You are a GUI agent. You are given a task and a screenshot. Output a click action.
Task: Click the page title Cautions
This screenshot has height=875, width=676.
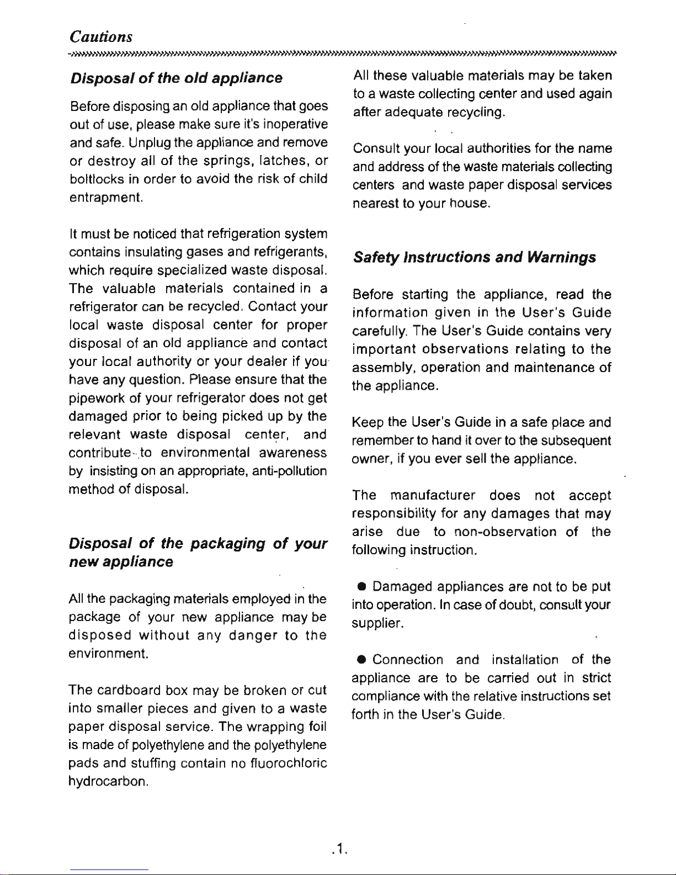point(101,36)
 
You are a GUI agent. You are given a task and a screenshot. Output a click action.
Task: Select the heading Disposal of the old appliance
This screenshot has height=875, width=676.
point(177,78)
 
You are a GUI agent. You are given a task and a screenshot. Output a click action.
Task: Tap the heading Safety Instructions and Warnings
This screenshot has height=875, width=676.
point(475,257)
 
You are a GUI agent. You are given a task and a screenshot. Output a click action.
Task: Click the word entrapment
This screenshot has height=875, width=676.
point(107,197)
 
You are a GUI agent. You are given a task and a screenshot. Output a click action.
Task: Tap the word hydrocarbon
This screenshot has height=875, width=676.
point(108,782)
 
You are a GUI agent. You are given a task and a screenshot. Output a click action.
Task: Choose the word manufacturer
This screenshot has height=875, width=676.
point(432,495)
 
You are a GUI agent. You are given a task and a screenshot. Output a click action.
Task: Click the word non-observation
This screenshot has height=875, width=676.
point(505,532)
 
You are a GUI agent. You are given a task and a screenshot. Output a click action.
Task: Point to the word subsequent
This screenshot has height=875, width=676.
point(576,441)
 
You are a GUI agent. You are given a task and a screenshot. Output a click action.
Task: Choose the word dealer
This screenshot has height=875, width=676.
point(267,362)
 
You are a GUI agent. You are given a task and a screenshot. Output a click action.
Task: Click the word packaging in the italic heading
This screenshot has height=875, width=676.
point(227,544)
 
